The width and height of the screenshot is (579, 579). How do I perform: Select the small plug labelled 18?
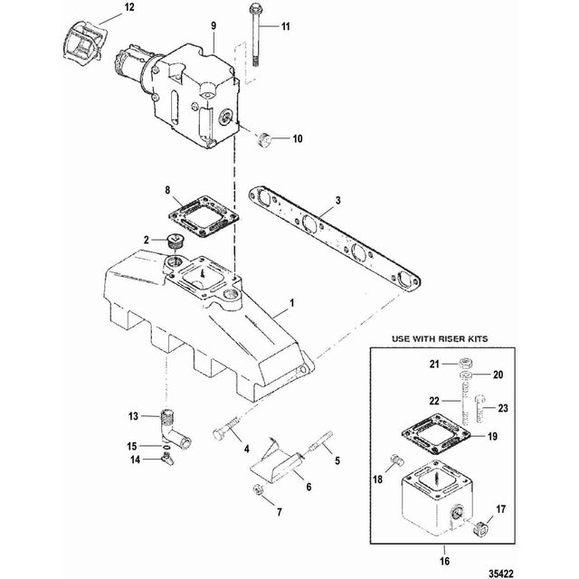pyautogui.click(x=394, y=460)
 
